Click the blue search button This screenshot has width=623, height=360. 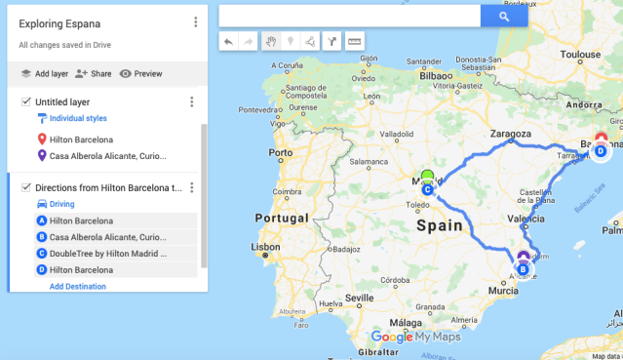pos(504,16)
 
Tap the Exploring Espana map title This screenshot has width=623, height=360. pos(59,22)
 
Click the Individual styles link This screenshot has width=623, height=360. pos(78,118)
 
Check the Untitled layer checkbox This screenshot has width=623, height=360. pos(25,101)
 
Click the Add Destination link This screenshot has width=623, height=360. pos(78,287)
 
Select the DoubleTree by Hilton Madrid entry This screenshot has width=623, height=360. pos(108,254)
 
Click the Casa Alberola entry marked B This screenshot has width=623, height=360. pos(107,237)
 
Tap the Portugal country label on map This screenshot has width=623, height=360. pos(281,218)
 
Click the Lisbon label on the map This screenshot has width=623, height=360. pos(266,247)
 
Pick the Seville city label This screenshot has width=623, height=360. pos(359,298)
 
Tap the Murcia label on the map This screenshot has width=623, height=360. pos(503,291)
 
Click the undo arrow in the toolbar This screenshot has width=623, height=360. pos(228,42)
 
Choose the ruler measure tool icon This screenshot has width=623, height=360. pos(354,42)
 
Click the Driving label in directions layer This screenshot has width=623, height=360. pos(61,204)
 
